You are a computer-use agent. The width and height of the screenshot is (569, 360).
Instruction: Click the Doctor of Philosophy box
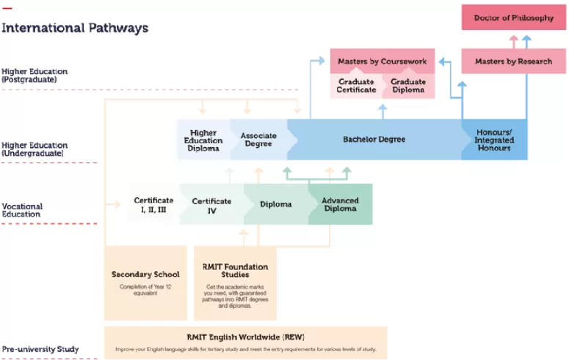(513, 18)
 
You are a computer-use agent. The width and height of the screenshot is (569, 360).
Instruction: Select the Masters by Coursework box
(382, 62)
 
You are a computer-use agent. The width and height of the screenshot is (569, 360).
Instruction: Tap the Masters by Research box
(513, 62)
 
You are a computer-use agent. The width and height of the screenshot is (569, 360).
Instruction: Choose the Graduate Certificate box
(356, 86)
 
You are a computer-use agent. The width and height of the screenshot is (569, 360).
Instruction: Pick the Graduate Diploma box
(407, 86)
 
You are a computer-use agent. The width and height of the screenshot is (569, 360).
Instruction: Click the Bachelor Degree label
(374, 140)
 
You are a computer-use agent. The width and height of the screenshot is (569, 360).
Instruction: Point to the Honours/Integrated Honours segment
(493, 140)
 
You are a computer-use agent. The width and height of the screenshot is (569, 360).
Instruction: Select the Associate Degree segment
(258, 140)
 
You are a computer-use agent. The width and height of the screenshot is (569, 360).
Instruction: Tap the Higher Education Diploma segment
(203, 140)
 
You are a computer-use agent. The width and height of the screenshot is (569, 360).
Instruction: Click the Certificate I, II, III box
(153, 204)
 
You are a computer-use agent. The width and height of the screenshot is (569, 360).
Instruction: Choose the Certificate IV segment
(211, 204)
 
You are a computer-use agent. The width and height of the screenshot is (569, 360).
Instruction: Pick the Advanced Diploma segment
(340, 204)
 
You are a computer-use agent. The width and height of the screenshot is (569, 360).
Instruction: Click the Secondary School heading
(145, 275)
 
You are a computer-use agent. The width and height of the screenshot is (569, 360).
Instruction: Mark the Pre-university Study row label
(40, 349)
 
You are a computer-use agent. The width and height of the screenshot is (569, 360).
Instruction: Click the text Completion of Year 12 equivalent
(145, 289)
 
